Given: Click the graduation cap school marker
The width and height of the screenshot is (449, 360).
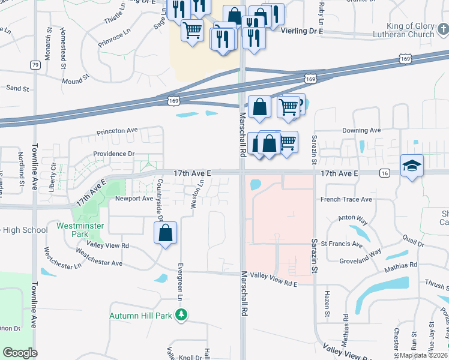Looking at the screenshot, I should click(412, 166).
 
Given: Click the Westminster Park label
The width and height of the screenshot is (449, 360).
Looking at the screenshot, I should click(80, 230).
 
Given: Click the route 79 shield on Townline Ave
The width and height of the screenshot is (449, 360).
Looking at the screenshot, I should click(35, 65).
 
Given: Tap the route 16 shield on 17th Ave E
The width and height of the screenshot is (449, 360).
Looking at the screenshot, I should click(385, 173).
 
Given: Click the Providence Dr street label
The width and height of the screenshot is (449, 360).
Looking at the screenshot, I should click(113, 154).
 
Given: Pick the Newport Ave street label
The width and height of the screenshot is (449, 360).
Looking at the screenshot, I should click(134, 198).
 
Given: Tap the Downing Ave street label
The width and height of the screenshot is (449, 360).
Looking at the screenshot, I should click(361, 130).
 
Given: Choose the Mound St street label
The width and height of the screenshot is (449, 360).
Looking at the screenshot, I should click(75, 77).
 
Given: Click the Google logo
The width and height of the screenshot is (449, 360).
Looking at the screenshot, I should click(20, 353).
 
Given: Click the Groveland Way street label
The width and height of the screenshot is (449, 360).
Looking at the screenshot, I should click(359, 253).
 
